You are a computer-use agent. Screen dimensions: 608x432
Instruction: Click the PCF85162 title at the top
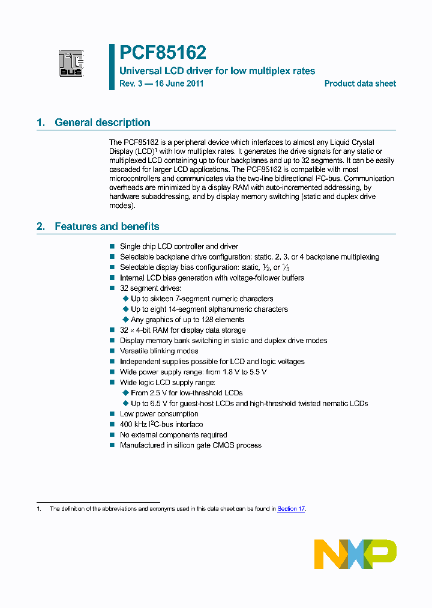pyautogui.click(x=163, y=53)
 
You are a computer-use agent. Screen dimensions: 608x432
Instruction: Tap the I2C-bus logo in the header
pyautogui.click(x=71, y=63)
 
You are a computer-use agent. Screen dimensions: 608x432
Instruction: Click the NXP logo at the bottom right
pyautogui.click(x=355, y=554)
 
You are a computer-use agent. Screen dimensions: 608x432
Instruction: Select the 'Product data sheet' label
pyautogui.click(x=360, y=84)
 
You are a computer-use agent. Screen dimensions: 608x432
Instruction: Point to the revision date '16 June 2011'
pyautogui.click(x=179, y=84)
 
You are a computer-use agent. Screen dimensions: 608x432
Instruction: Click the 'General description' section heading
pyautogui.click(x=102, y=123)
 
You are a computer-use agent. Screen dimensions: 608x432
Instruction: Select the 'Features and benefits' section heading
pyautogui.click(x=107, y=226)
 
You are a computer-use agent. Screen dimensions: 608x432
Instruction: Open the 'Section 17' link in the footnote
pyautogui.click(x=291, y=509)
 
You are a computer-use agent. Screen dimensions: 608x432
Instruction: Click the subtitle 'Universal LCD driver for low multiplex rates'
pyautogui.click(x=217, y=71)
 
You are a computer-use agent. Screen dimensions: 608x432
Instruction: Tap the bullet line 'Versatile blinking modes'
pyautogui.click(x=159, y=351)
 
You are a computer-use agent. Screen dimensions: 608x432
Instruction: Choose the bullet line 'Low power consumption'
pyautogui.click(x=159, y=414)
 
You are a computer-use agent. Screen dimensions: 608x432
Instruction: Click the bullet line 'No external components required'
pyautogui.click(x=173, y=435)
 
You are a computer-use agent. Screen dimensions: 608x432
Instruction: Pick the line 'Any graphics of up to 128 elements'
pyautogui.click(x=187, y=320)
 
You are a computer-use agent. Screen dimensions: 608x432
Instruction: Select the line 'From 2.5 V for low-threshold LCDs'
pyautogui.click(x=187, y=393)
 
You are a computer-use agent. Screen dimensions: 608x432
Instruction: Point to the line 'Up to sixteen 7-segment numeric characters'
pyautogui.click(x=202, y=299)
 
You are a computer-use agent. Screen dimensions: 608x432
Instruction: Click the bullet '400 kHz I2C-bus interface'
pyautogui.click(x=161, y=424)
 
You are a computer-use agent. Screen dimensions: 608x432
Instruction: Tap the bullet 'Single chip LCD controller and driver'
pyautogui.click(x=179, y=246)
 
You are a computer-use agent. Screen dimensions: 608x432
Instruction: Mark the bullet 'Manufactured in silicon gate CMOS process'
pyautogui.click(x=190, y=445)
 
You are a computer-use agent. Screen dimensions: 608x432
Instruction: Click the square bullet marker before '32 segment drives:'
pyautogui.click(x=112, y=288)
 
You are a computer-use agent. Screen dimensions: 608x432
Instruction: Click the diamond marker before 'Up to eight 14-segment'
pyautogui.click(x=125, y=309)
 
